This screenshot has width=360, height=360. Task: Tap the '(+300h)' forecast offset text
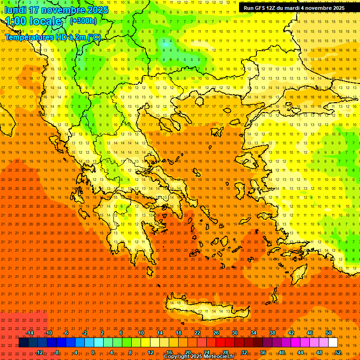pyautogui.click(x=83, y=21)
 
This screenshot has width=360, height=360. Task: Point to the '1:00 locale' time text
pyautogui.click(x=33, y=21)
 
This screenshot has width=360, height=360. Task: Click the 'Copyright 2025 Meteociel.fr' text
pyautogui.click(x=199, y=357)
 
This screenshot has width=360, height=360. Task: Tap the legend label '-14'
pyautogui.click(x=30, y=333)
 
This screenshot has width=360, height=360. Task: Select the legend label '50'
pyautogui.click(x=328, y=333)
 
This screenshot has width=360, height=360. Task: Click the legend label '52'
pyautogui.click(x=337, y=352)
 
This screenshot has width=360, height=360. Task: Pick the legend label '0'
pyautogui.click(x=93, y=352)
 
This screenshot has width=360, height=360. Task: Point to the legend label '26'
pyautogui.click(x=216, y=333)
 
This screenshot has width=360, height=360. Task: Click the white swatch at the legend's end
pyautogui.click(x=333, y=343)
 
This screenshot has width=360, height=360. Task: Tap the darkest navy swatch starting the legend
pyautogui.click(x=23, y=343)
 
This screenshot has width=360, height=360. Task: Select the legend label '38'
pyautogui.click(x=272, y=333)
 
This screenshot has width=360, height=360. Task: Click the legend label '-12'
pyautogui.click(x=39, y=352)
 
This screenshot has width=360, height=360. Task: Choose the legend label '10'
pyautogui.click(x=141, y=333)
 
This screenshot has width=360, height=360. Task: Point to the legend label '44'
pyautogui.click(x=300, y=352)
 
